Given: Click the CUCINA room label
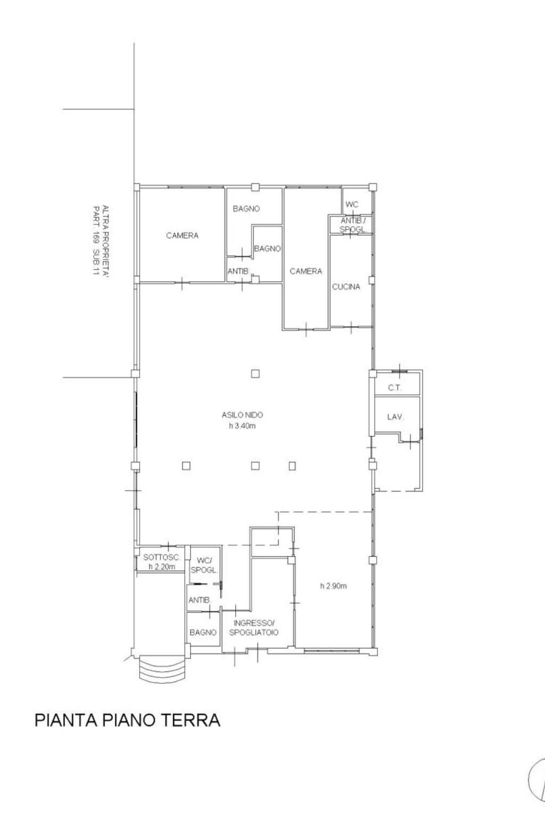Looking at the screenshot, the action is click(346, 287).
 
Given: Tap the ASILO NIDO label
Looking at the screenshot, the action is click(242, 415).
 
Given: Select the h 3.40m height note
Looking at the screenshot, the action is click(242, 426).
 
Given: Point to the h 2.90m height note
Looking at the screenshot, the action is click(333, 586).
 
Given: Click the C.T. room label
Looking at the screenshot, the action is click(394, 388).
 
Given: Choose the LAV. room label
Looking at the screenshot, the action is click(395, 416).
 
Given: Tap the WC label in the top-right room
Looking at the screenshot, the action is click(352, 205).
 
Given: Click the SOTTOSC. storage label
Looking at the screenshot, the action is click(162, 557).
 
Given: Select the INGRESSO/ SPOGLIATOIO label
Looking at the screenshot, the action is click(254, 628).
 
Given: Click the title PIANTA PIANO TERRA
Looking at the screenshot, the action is click(127, 720).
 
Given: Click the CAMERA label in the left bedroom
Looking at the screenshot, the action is click(182, 236).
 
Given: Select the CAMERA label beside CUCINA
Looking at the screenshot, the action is click(306, 271).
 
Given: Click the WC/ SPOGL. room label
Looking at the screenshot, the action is click(204, 565).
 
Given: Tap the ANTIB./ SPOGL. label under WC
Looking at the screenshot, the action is click(353, 225).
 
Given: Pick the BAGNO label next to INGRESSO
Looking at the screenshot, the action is click(203, 632).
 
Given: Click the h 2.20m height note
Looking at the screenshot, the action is click(162, 567).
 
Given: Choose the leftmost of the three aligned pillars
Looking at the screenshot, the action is click(186, 466).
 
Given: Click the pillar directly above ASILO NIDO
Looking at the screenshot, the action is click(255, 373).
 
